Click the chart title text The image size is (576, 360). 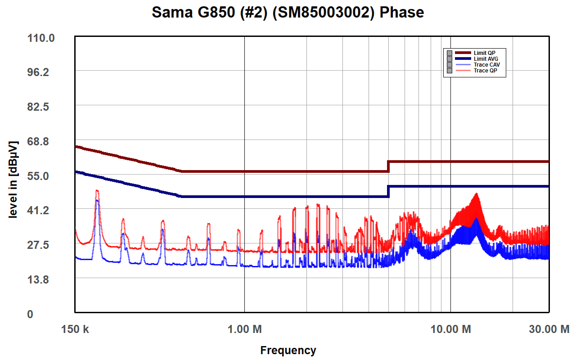click(288, 12)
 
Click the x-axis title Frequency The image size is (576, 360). click(288, 350)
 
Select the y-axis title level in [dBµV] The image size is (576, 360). click(13, 180)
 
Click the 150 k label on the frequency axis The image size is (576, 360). click(75, 329)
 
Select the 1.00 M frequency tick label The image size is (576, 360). click(244, 329)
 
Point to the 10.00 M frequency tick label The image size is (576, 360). click(451, 329)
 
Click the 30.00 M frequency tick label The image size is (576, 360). click(549, 329)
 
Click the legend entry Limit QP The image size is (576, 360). click(484, 53)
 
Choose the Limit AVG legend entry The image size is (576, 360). click(486, 59)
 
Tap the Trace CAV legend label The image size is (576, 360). click(486, 65)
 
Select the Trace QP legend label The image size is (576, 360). click(485, 71)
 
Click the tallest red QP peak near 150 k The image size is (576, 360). click(97, 191)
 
